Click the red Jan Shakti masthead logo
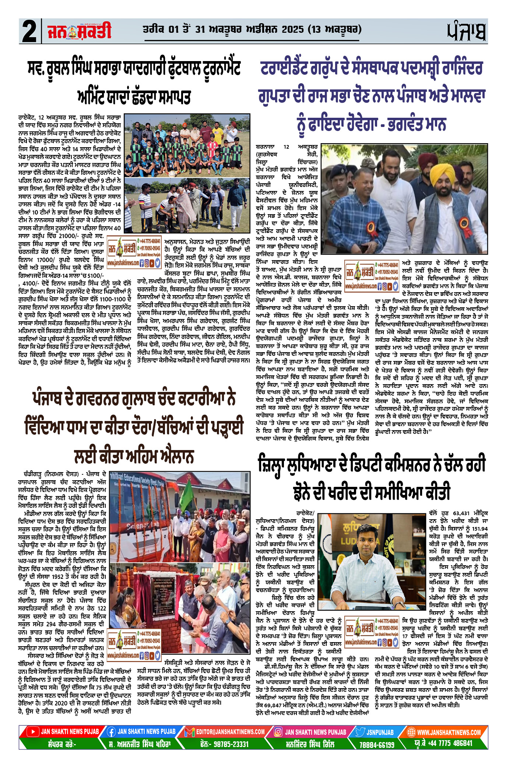[x=79, y=32]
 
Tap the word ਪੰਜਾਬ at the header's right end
[x=467, y=32]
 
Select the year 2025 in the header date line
[x=293, y=29]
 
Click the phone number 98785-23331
[x=230, y=744]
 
